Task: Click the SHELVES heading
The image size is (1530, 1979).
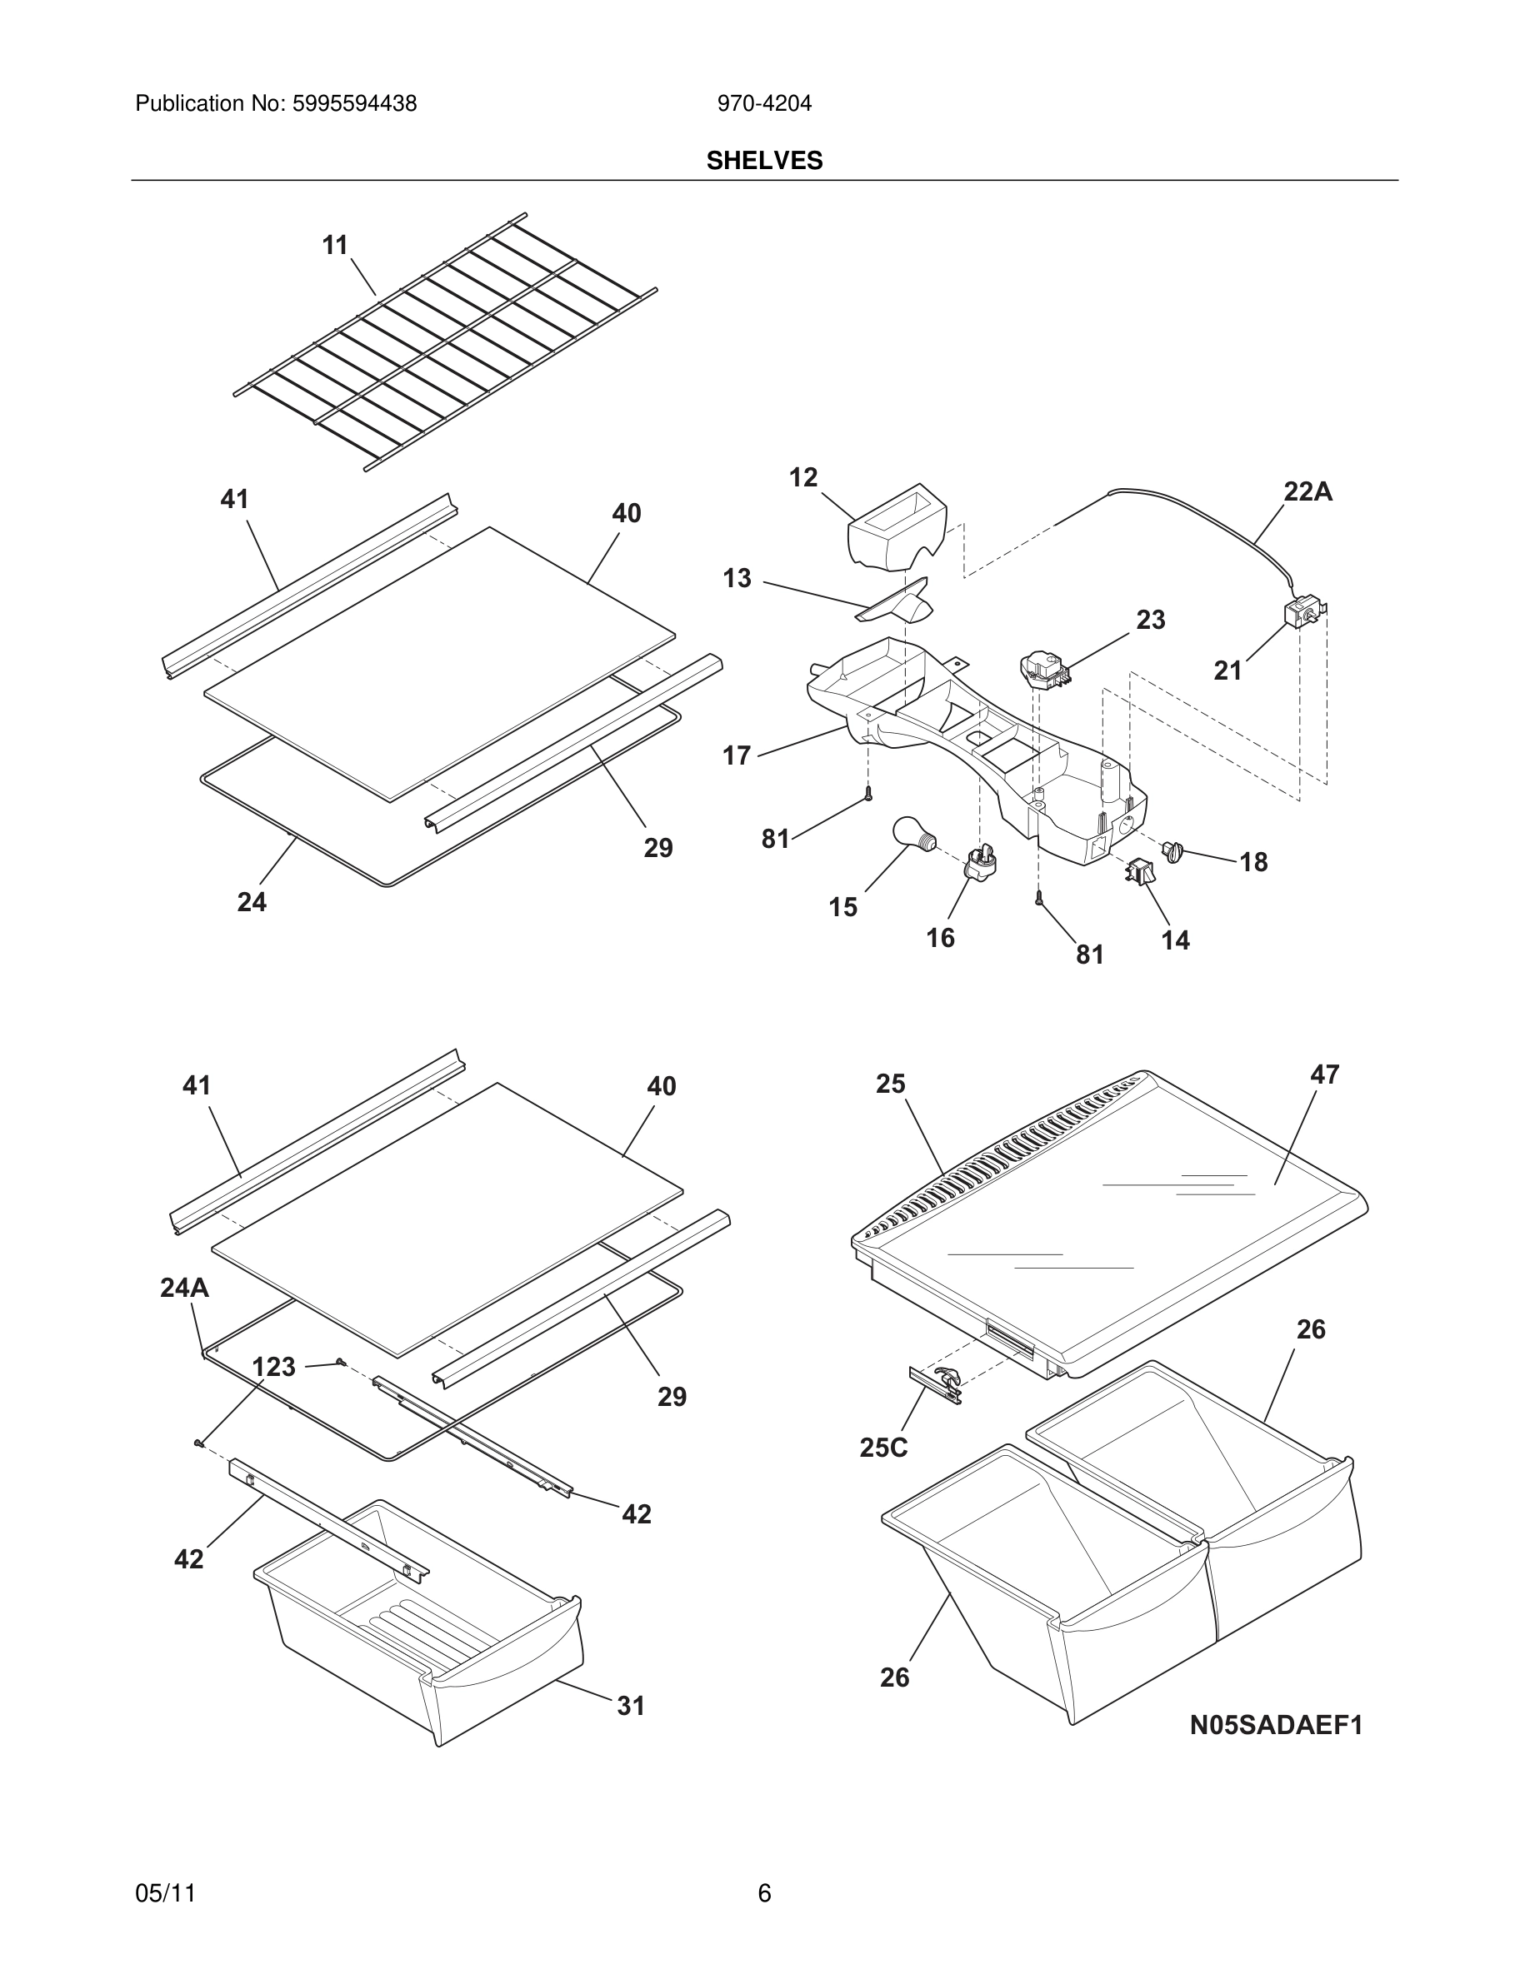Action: [x=764, y=161]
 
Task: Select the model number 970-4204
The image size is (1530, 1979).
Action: [x=764, y=104]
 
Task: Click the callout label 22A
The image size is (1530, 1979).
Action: [x=1307, y=492]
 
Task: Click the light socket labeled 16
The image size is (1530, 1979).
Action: [x=981, y=862]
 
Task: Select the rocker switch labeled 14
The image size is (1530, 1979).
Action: [x=1139, y=872]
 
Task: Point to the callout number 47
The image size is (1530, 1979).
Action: [x=1324, y=1074]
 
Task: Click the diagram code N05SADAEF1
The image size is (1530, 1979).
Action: [x=1275, y=1724]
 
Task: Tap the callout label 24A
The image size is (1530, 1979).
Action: [x=184, y=1288]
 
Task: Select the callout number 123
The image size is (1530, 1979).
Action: [x=273, y=1367]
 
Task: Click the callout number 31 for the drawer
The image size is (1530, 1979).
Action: [x=631, y=1707]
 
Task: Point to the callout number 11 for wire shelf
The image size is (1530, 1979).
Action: [x=335, y=246]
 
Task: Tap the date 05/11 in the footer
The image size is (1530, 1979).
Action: [x=165, y=1893]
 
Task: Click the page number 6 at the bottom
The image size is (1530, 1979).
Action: [x=764, y=1893]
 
